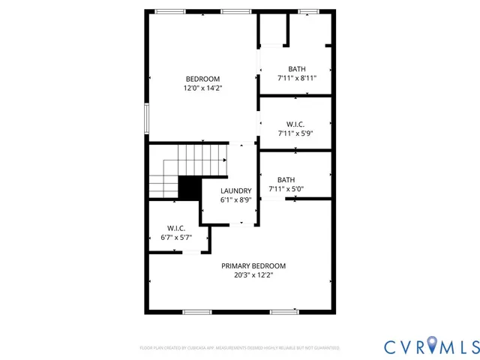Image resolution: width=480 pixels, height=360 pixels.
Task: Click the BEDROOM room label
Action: click(x=202, y=79)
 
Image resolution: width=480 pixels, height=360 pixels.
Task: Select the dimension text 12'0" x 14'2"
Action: click(x=202, y=88)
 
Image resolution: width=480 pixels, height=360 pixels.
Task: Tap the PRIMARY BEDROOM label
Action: click(x=253, y=265)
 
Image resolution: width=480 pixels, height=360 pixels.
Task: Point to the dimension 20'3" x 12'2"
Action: click(x=253, y=274)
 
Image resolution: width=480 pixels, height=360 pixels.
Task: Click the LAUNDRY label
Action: click(x=235, y=190)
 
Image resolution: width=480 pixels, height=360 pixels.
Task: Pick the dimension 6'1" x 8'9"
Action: click(x=235, y=199)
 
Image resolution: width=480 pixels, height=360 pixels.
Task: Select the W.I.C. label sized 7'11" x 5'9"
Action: click(x=295, y=124)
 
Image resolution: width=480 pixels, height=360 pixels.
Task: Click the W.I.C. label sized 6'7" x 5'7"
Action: click(x=176, y=228)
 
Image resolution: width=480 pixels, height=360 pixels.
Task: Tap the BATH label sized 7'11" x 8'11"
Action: click(x=296, y=69)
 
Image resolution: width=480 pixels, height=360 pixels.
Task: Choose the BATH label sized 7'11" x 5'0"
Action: click(x=286, y=179)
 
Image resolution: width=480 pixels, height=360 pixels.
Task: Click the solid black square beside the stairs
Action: click(x=189, y=187)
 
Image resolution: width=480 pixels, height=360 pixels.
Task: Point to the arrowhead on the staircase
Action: click(x=224, y=159)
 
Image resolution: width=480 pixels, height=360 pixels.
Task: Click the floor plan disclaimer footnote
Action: click(x=240, y=348)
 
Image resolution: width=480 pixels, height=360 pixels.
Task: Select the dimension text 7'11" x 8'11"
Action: click(x=296, y=78)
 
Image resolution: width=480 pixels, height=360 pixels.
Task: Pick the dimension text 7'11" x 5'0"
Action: click(x=286, y=188)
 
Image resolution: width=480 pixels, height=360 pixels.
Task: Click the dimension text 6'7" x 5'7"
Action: click(x=176, y=237)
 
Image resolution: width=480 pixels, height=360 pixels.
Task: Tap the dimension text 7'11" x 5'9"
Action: click(x=295, y=133)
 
